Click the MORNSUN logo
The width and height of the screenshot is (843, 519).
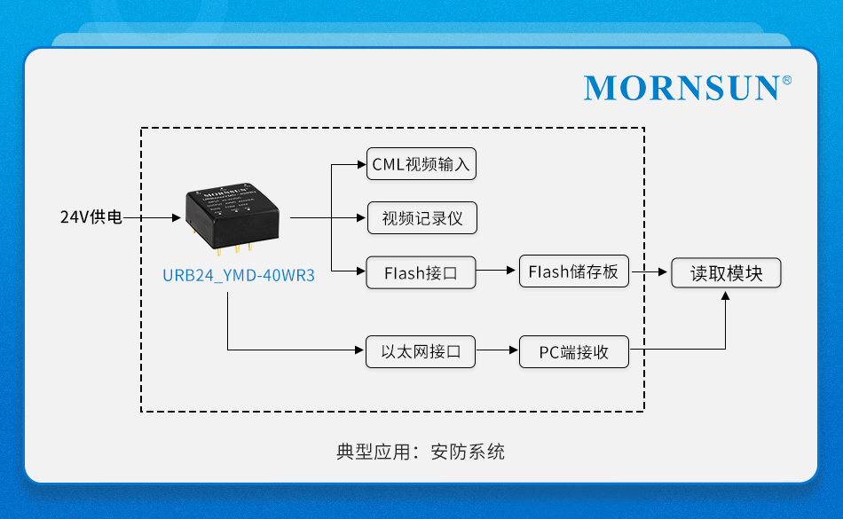coord(681,88)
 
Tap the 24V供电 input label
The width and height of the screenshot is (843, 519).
coord(91,216)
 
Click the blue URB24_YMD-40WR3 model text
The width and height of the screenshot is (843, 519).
coord(239,275)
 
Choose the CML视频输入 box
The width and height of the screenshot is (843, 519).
coord(421,164)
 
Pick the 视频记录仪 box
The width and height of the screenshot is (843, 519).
coord(421,218)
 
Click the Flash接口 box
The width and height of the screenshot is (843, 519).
coord(421,272)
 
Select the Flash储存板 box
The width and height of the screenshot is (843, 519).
coord(573,271)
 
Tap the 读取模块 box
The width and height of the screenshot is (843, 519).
coord(726,272)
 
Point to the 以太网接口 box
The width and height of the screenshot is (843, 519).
coord(421,351)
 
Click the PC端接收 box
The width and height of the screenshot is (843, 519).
coord(573,351)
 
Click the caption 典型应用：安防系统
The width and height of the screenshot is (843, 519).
coord(421,452)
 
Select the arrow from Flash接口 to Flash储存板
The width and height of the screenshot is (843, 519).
coord(497,271)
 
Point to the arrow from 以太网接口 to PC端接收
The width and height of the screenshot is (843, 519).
coord(497,351)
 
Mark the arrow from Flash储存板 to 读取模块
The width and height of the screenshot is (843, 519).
coord(650,271)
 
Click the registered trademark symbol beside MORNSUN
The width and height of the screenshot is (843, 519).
coord(786,80)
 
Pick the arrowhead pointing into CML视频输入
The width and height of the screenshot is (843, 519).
coord(361,164)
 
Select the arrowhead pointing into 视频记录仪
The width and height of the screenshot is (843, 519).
coord(361,217)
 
